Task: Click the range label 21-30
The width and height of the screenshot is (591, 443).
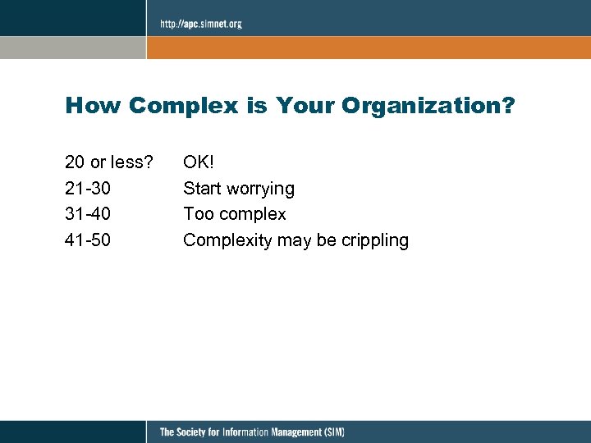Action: (88, 188)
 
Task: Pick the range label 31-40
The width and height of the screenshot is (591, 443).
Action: (88, 214)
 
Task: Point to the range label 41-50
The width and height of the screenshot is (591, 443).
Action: (88, 240)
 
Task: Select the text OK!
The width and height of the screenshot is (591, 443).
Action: (198, 162)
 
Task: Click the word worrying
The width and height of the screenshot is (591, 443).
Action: (261, 189)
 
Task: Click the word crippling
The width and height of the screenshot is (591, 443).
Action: (375, 240)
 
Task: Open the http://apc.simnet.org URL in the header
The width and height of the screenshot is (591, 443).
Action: (201, 24)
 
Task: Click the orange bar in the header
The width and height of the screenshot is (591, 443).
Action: (369, 47)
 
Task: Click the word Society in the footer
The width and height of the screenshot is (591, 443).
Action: (198, 432)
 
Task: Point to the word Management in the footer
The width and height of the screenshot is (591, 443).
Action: (291, 432)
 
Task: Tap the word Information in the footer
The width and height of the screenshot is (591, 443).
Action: (245, 432)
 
